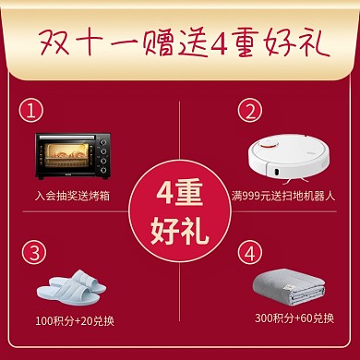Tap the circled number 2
(246, 112)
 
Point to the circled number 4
(246, 251)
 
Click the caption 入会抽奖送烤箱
(73, 196)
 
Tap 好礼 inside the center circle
(180, 225)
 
